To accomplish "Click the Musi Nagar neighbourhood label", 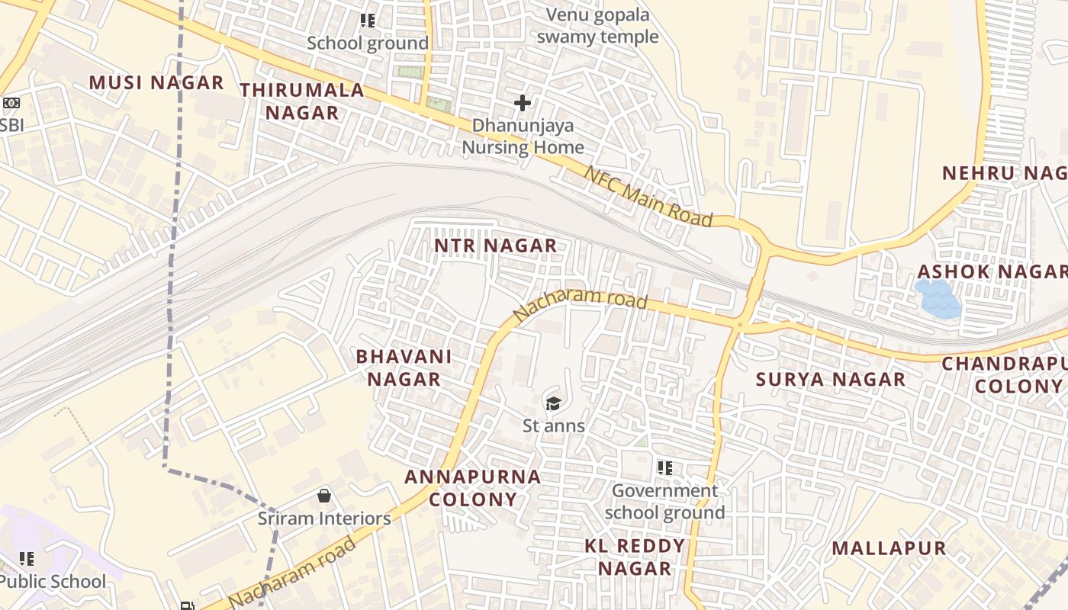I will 156,82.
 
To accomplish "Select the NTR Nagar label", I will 495,246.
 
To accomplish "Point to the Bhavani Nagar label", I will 404,368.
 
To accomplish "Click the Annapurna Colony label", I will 472,488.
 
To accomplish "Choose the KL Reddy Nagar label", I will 635,557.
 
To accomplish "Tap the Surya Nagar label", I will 831,379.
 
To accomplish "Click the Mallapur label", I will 889,547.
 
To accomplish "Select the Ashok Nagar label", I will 992,271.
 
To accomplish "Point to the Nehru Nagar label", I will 1004,173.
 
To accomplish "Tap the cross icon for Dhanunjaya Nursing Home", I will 523,102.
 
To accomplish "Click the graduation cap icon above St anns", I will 553,403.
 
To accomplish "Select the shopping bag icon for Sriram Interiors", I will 324,496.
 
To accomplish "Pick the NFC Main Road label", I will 648,196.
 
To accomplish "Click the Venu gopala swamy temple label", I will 597,26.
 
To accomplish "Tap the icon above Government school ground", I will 665,467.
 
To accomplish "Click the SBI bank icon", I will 11,102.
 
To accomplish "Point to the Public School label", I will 53,582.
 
